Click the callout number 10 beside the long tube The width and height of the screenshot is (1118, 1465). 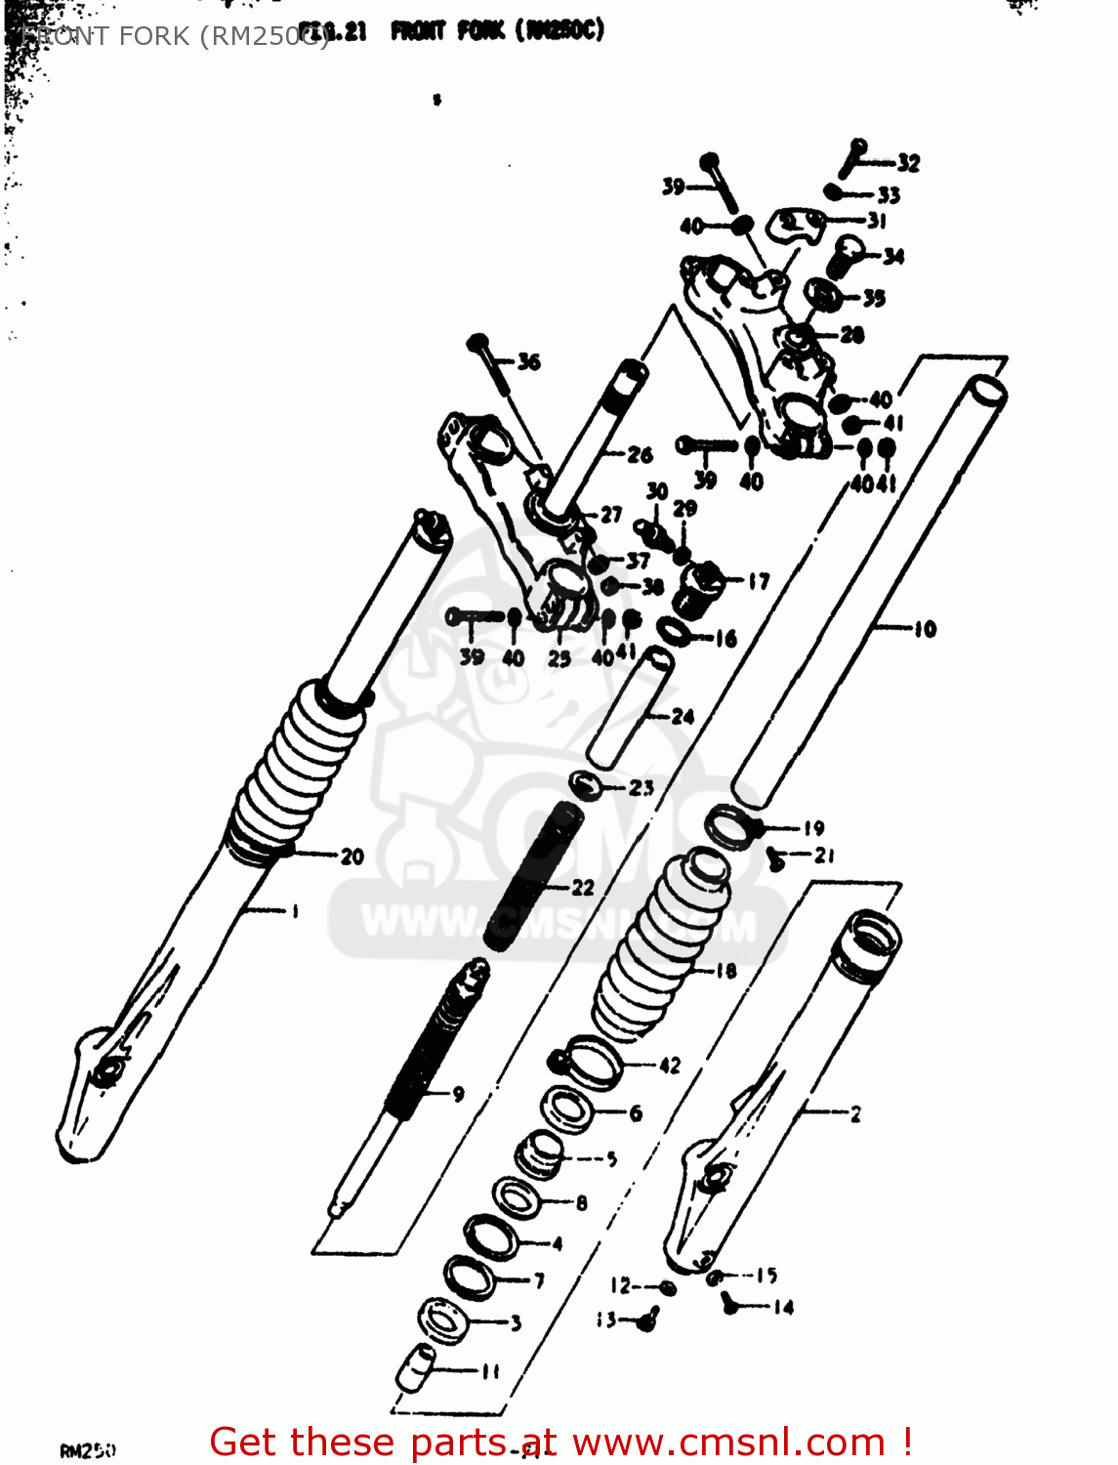coord(924,630)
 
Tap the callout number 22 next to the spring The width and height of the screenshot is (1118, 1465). coord(583,887)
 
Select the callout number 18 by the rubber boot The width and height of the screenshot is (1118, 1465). coord(725,970)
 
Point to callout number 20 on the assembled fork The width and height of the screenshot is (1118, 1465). coord(352,857)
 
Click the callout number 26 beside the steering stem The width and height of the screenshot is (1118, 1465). coord(640,454)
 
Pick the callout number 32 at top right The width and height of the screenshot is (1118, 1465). coord(908,163)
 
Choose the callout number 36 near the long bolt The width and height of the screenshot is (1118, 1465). coord(528,362)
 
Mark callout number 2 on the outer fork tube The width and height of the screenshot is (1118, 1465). coord(855,1113)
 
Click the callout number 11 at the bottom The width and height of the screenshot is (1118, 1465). coord(490,1371)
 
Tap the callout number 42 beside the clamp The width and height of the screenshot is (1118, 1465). coord(669,1066)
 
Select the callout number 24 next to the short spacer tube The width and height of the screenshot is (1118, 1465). coord(683,717)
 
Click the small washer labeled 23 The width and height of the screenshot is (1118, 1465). coord(585,783)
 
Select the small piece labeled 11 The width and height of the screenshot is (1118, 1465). coord(415,1365)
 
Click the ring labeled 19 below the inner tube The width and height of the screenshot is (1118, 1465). coord(730,828)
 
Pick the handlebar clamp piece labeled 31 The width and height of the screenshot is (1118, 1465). coord(796,225)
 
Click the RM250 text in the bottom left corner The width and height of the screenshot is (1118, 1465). coord(88,1451)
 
